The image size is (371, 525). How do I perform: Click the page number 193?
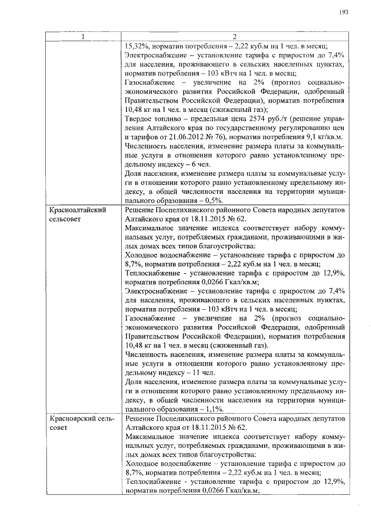coord(344,13)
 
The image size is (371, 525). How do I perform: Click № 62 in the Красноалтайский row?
coord(237,219)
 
